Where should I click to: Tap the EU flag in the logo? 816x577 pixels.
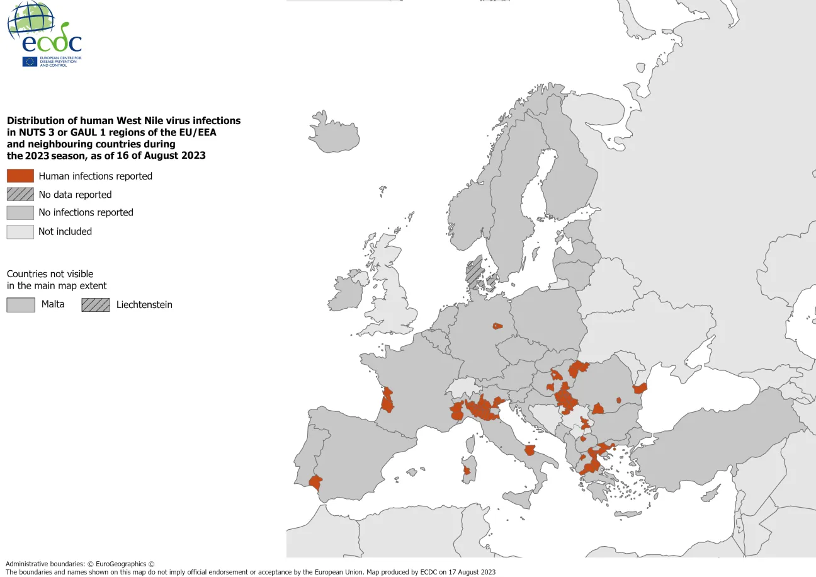click(x=30, y=61)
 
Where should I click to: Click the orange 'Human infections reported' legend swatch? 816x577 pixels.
click(x=20, y=176)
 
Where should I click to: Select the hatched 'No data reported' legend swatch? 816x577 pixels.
click(x=20, y=194)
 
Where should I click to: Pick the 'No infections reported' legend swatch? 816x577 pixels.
click(x=20, y=212)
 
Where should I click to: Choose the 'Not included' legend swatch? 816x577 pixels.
click(x=20, y=231)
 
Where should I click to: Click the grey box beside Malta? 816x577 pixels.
click(x=20, y=304)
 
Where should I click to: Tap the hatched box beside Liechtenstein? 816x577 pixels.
click(x=95, y=304)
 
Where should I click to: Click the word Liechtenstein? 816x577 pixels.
click(x=144, y=305)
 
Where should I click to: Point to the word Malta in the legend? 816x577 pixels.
click(x=53, y=304)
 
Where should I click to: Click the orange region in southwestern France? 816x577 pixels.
click(x=387, y=400)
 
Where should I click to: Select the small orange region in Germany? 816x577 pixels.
click(x=497, y=326)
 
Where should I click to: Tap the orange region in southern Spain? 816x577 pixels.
click(x=315, y=483)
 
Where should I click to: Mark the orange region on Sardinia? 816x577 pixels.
click(x=467, y=471)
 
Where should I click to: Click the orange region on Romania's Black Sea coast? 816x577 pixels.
click(x=640, y=388)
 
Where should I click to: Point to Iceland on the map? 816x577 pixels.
click(x=336, y=131)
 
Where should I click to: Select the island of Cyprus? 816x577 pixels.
click(x=710, y=495)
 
